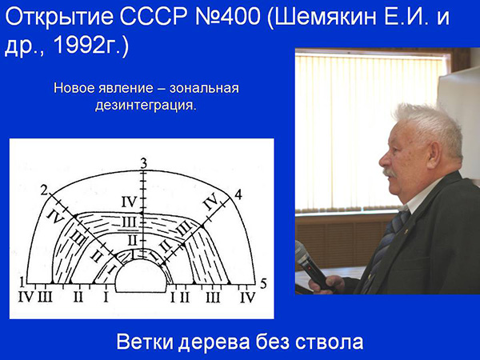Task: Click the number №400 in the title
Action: click(x=227, y=17)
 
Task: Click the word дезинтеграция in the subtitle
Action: click(x=146, y=106)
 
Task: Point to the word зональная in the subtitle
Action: click(x=204, y=88)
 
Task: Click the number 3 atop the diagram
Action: click(x=143, y=164)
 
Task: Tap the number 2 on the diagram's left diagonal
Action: click(x=44, y=191)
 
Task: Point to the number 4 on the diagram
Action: click(x=238, y=194)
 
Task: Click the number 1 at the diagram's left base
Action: click(x=22, y=282)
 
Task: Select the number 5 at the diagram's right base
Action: click(x=263, y=284)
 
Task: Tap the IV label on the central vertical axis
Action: click(x=129, y=202)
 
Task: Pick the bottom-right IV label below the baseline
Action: click(x=248, y=298)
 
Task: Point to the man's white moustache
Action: click(x=390, y=172)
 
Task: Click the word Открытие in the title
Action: click(x=58, y=17)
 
